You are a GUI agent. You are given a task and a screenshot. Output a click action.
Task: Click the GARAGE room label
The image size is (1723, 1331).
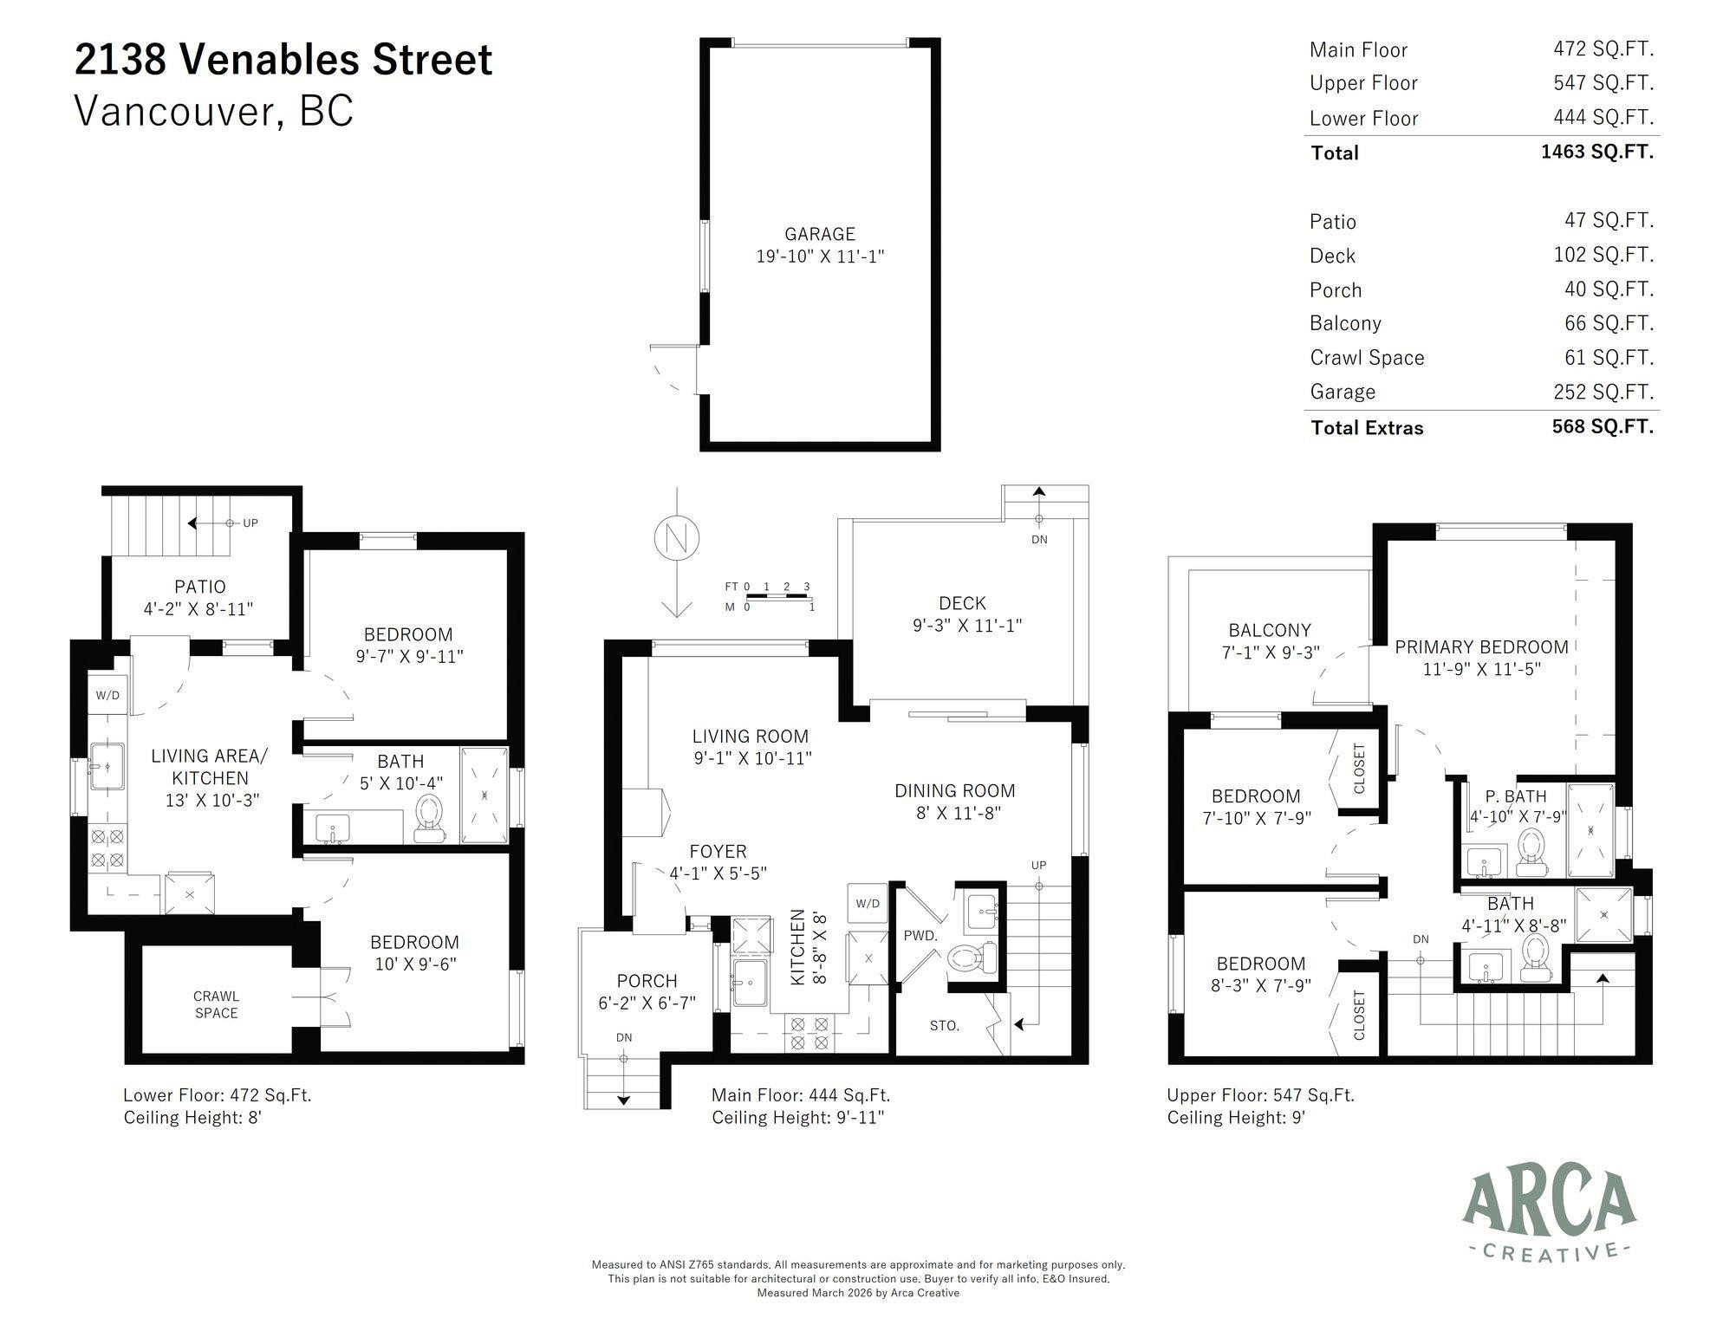[x=819, y=234]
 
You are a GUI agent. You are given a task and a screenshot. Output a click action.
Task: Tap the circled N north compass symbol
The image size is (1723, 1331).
[x=677, y=538]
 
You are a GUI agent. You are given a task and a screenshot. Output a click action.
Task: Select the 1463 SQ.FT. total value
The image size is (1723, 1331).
[x=1596, y=152]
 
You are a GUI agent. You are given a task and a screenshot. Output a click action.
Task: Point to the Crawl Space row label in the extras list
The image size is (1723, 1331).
[x=1367, y=358]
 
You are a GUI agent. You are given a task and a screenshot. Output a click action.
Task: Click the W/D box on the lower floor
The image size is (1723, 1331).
[x=107, y=695]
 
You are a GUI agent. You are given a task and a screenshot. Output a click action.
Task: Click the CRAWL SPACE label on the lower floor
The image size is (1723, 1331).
[x=216, y=1004]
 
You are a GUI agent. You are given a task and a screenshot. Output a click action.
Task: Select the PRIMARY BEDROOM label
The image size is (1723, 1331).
[x=1481, y=647]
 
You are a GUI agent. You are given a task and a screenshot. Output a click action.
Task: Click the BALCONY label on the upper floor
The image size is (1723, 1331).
[x=1269, y=630]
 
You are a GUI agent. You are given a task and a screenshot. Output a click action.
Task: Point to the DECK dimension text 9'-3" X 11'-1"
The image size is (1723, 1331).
[x=967, y=625]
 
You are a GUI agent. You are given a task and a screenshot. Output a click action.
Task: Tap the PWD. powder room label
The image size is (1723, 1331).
[x=920, y=936]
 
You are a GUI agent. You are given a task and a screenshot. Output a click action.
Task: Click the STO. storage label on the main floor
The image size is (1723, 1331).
[x=944, y=1026]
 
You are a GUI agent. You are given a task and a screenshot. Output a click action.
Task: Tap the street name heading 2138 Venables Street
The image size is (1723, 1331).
[x=283, y=60]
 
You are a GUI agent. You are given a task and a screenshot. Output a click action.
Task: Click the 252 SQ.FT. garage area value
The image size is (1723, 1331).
[x=1603, y=392]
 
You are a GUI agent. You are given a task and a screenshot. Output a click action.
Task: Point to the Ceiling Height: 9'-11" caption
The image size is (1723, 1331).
[x=797, y=1118]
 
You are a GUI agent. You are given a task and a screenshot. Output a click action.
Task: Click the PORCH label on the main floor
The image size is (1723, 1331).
[x=647, y=981]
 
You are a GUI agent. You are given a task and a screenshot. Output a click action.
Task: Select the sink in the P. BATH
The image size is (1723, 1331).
[x=1484, y=860]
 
